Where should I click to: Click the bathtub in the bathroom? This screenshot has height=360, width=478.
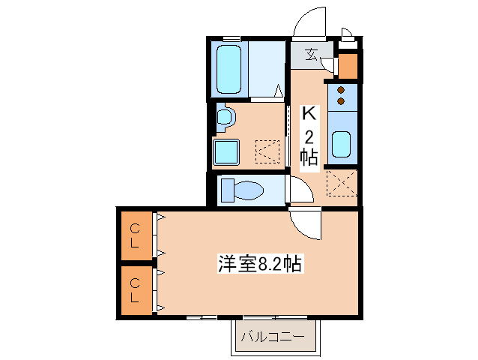[x=228, y=69]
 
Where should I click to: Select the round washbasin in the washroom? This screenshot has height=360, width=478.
[x=225, y=117]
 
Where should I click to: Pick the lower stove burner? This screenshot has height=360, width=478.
[x=341, y=100]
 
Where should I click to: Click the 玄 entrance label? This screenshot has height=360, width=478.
[x=309, y=54]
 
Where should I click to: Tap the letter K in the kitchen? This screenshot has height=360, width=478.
[x=309, y=114]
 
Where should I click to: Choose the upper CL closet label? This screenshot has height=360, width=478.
[x=134, y=235]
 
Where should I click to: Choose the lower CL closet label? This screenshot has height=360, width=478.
[x=134, y=289]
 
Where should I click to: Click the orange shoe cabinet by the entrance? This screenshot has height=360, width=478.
[x=348, y=65]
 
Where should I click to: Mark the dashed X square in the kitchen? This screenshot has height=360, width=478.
[x=342, y=182]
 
